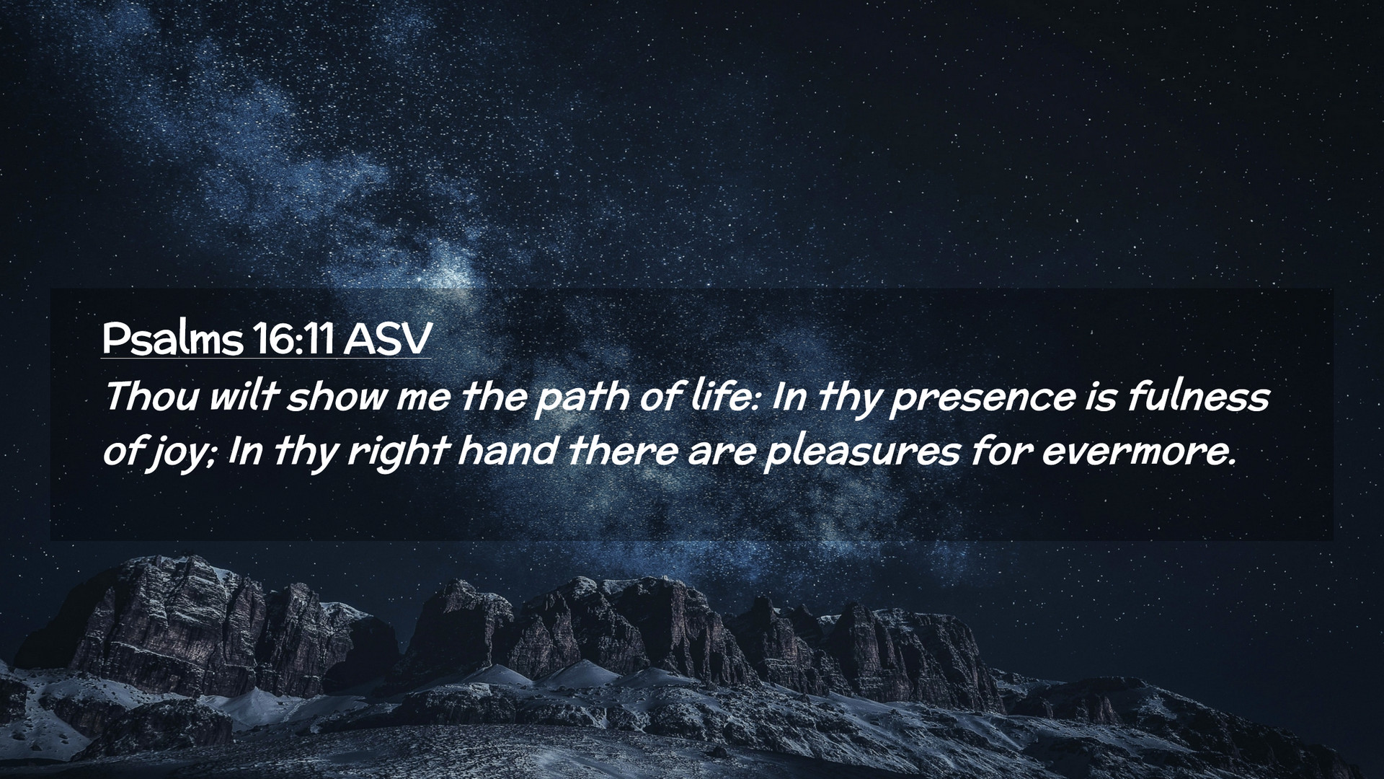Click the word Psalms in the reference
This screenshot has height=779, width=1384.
(x=172, y=339)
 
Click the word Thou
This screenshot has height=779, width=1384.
(x=151, y=396)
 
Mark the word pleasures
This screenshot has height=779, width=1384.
(x=861, y=454)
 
